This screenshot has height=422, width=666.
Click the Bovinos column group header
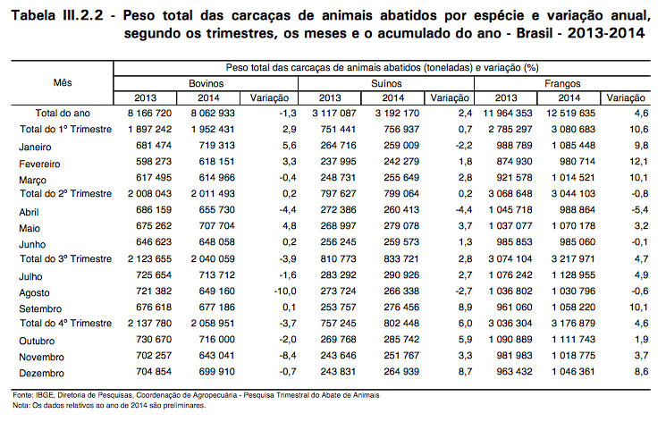tap(206, 83)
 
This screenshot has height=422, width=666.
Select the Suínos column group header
tap(386, 83)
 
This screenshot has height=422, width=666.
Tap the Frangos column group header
tap(562, 84)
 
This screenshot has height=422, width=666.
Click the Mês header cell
tap(63, 82)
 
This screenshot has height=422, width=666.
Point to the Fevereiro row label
tap(39, 164)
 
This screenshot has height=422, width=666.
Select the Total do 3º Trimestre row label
tap(66, 258)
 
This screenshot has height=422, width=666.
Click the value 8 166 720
tap(149, 113)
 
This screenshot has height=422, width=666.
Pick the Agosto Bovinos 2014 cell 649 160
tap(216, 291)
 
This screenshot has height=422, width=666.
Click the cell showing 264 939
tap(401, 371)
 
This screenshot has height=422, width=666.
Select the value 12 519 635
tap(570, 113)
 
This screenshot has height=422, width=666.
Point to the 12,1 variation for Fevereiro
tap(639, 162)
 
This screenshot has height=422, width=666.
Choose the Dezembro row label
tap(42, 373)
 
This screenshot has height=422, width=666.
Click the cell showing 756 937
tap(401, 129)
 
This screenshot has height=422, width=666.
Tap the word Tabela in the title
tap(34, 16)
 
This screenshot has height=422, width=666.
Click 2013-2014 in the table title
tap(606, 33)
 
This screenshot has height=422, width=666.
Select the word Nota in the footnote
tap(21, 405)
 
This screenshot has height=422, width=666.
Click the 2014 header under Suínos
tap(392, 98)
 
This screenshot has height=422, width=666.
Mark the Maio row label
tap(30, 229)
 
